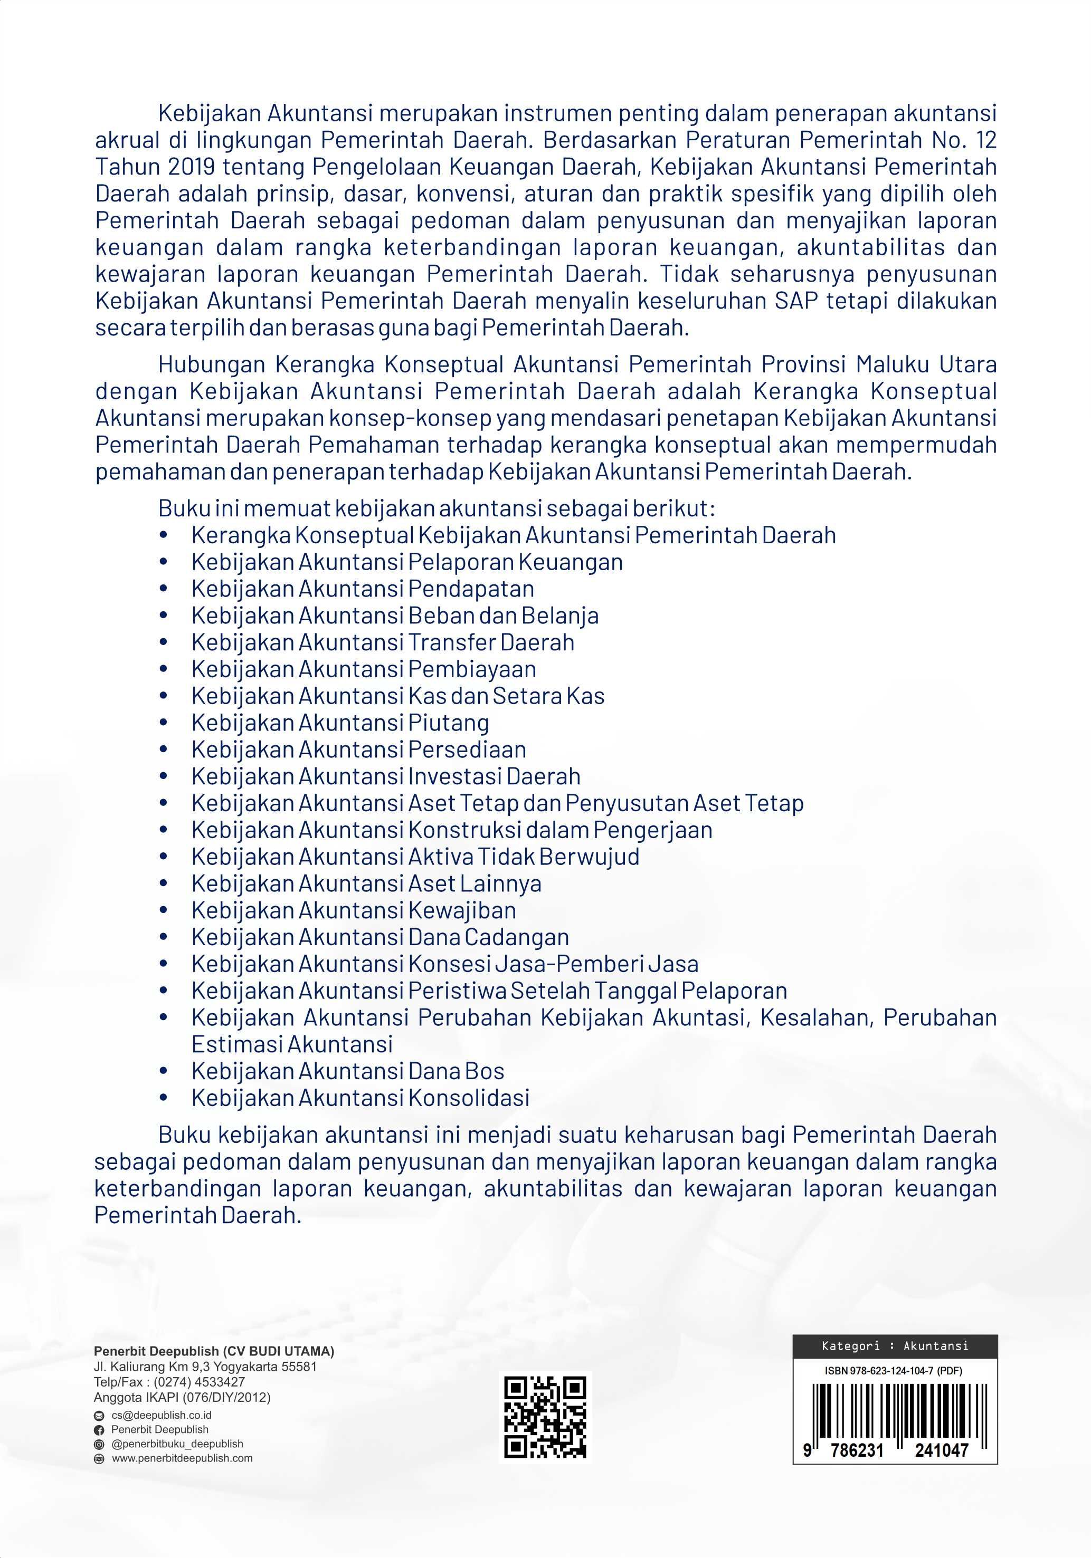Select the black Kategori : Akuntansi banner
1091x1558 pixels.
click(x=895, y=1345)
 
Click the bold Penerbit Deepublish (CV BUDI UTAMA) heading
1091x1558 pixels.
click(x=214, y=1351)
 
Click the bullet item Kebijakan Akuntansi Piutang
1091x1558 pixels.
click(x=340, y=723)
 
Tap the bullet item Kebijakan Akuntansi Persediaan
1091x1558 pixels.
click(x=358, y=749)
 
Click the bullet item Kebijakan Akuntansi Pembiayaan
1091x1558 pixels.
click(x=364, y=669)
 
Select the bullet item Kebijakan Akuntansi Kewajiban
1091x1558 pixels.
click(x=354, y=910)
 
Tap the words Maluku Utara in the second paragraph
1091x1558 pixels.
click(x=926, y=364)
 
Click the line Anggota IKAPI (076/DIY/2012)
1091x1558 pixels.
click(x=182, y=1397)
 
